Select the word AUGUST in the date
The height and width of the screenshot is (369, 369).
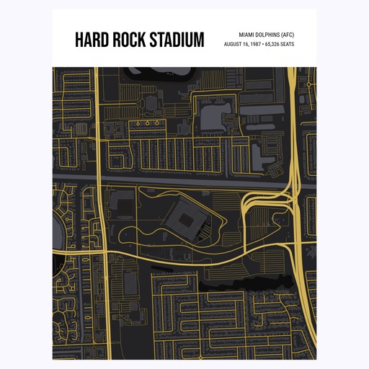point(234,44)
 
